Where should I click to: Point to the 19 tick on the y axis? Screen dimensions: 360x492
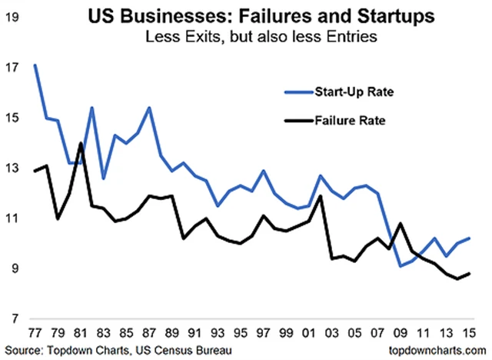pos(12,17)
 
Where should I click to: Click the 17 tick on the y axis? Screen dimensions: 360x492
pos(12,68)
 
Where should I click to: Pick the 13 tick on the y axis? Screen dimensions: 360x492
pos(12,168)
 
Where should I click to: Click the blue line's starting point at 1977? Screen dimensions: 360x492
pos(35,65)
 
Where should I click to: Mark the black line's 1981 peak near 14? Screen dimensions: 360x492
pos(81,143)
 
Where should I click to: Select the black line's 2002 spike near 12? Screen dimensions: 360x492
pos(318,195)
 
